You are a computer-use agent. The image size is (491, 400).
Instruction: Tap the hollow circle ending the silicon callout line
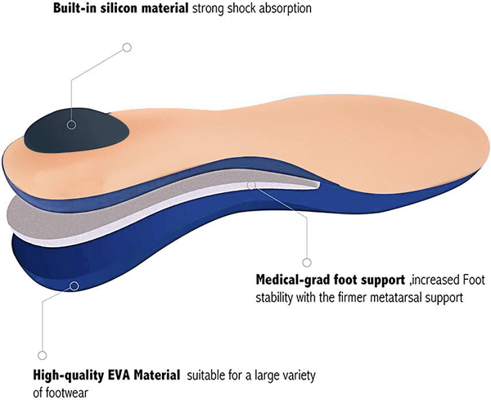tap(127, 47)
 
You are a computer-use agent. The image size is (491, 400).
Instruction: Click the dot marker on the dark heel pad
tap(71, 125)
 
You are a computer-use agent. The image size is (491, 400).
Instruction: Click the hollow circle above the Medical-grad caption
tap(307, 262)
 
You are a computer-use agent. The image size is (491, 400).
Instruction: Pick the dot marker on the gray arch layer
tap(255, 185)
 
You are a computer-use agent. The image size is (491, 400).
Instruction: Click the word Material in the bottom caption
tap(160, 376)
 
